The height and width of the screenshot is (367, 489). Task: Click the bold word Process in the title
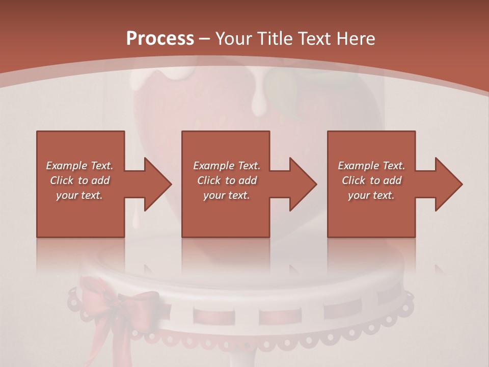[160, 39]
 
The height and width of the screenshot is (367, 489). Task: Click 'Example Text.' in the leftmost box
[79, 166]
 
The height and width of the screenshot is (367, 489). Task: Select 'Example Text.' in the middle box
[226, 166]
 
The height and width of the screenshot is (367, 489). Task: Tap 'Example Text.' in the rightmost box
[371, 166]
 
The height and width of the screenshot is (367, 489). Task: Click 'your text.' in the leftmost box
[79, 195]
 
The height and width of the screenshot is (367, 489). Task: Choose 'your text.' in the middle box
[226, 195]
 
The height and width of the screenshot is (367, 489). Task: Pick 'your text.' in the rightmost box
[371, 195]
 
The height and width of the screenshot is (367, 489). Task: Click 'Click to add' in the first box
[79, 180]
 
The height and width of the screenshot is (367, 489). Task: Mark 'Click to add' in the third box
[371, 180]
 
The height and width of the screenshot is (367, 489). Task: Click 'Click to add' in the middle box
[226, 180]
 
